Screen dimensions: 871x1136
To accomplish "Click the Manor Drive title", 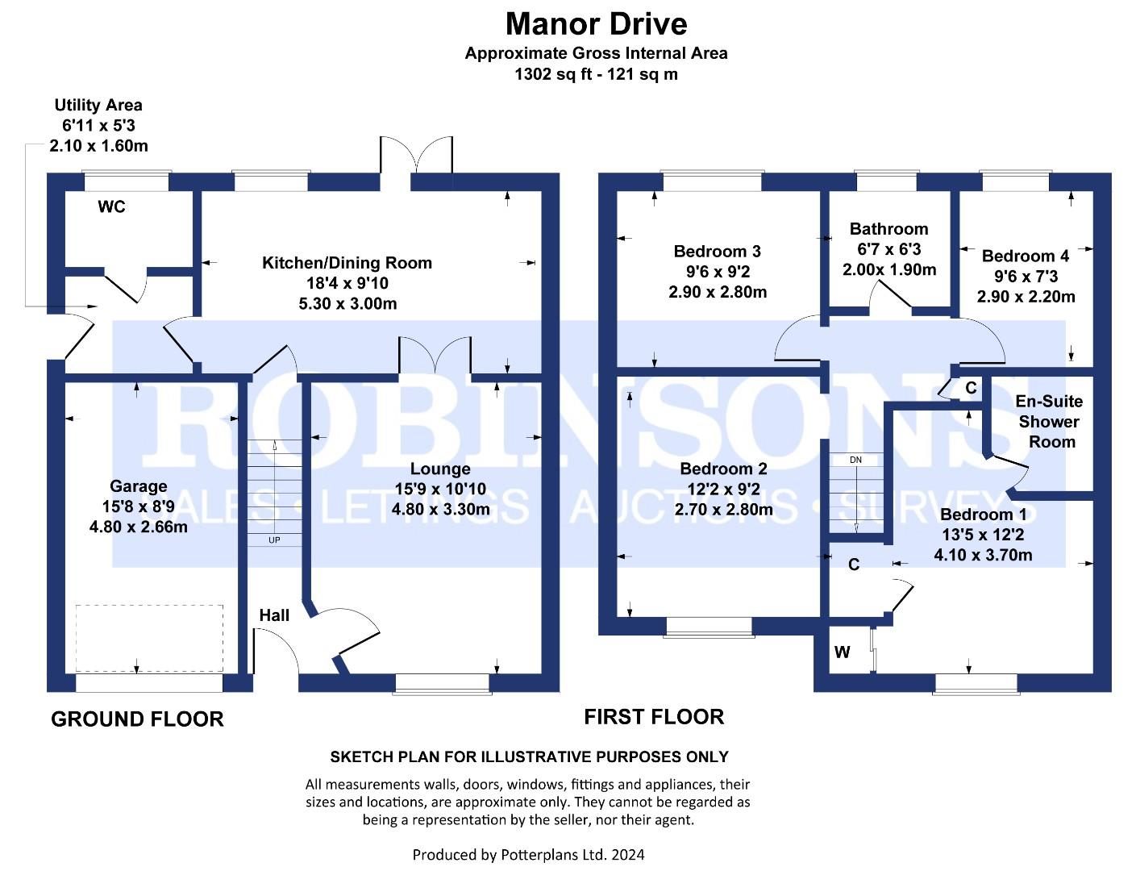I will pos(596,24).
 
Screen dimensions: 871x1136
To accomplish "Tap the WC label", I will pos(111,207).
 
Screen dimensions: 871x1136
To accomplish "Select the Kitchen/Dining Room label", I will pos(347,263).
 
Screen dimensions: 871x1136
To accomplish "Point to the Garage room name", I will pos(139,486).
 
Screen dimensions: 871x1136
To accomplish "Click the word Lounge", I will pos(440,469).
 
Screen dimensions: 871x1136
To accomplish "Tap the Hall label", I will pos(274,615).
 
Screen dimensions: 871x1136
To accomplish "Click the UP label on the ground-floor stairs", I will pos(274,540).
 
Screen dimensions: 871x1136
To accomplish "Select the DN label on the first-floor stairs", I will pos(855,460).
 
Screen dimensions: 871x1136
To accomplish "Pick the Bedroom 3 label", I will pos(718,252).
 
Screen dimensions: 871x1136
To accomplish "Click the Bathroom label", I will pos(888,229).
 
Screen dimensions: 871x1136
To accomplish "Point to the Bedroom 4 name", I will pos(1026,256).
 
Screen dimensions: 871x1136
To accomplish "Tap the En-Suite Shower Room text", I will pos(1049,421).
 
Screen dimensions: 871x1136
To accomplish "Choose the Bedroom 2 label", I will pos(723,469).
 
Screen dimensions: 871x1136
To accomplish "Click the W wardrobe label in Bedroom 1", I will pos(842,652).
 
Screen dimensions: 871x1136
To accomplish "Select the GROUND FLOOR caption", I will pos(137,719).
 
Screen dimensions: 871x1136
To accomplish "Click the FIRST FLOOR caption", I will pos(654,716).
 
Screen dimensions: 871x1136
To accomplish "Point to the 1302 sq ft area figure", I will pos(596,74).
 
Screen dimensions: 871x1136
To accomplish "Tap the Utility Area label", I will pos(98,105).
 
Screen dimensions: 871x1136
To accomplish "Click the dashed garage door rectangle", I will pos(149,638).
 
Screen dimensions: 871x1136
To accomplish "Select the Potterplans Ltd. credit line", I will pos(528,854).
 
